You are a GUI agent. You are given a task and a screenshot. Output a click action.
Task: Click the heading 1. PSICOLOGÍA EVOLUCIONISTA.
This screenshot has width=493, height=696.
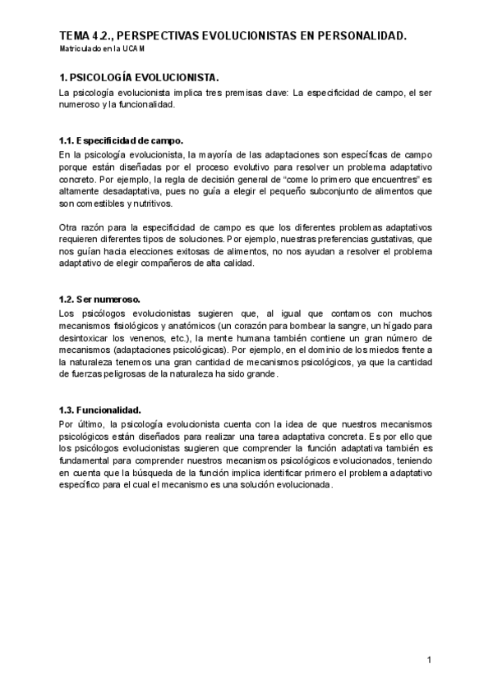pyautogui.click(x=139, y=77)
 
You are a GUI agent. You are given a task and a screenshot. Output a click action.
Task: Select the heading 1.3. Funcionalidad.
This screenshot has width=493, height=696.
pyautogui.click(x=100, y=409)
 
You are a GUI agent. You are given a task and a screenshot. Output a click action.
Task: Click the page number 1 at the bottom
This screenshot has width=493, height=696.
pyautogui.click(x=429, y=660)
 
